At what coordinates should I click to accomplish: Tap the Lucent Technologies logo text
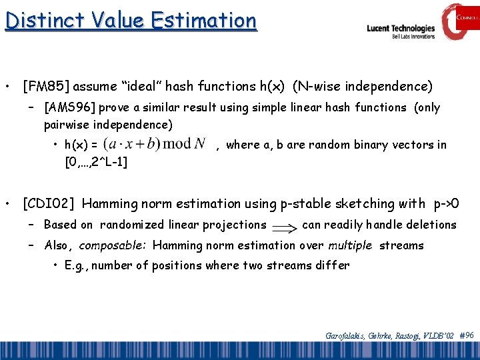[x=401, y=29]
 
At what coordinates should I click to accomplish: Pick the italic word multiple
[x=350, y=245]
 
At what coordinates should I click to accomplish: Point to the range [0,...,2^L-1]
[x=96, y=161]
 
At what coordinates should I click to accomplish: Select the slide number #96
[x=467, y=335]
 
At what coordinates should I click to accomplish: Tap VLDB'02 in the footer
[x=439, y=336]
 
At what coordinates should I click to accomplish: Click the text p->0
[x=451, y=203]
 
